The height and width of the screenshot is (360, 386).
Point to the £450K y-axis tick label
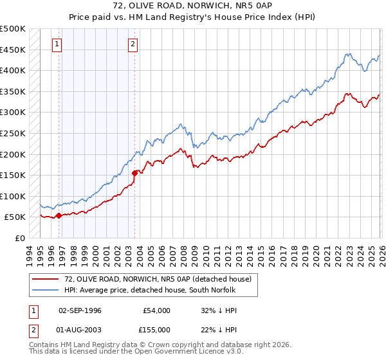13,50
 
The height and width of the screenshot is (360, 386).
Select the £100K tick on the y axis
13,196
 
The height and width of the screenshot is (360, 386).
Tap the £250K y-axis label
13,133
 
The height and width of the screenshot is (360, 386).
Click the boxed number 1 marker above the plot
57,44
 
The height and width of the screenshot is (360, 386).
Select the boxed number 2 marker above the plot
133,44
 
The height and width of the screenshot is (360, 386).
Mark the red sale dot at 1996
59,216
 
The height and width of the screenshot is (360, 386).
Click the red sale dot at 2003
134,173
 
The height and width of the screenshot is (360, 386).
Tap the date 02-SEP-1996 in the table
80,310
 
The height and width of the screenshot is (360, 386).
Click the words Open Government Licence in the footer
178,353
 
